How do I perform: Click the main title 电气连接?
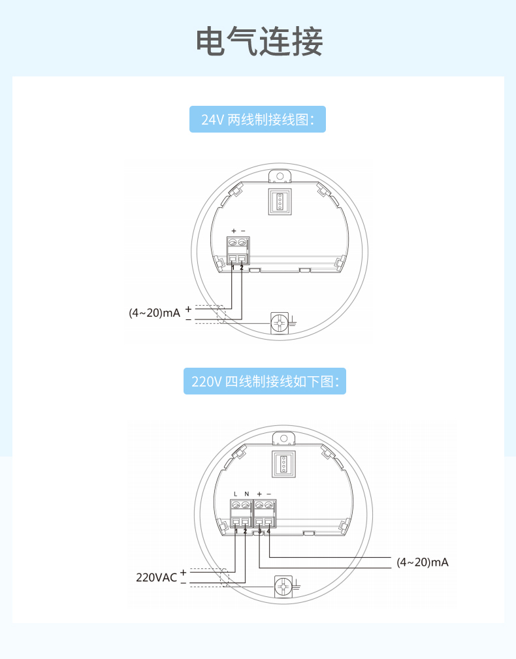[x=259, y=42]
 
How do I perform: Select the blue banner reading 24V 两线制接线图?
[x=257, y=120]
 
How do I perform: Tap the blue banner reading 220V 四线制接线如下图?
[x=265, y=381]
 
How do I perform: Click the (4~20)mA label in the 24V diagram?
[x=154, y=313]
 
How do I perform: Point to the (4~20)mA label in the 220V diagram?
[x=423, y=562]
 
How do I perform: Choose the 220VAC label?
[x=156, y=577]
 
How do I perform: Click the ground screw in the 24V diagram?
[x=280, y=323]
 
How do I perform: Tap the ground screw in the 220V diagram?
[x=283, y=587]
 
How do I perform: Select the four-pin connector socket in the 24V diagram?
[x=280, y=201]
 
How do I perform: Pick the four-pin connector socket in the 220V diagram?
[x=283, y=463]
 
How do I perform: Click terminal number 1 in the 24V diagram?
[x=233, y=268]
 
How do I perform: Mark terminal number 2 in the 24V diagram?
[x=242, y=268]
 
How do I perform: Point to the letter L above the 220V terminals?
[x=235, y=494]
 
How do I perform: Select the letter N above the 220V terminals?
[x=246, y=494]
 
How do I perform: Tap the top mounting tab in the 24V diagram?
[x=280, y=176]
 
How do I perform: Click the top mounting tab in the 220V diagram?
[x=283, y=438]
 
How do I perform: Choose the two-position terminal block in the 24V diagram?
[x=238, y=251]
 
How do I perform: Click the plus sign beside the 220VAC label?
[x=184, y=571]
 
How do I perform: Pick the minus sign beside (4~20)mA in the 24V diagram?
[x=188, y=319]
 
